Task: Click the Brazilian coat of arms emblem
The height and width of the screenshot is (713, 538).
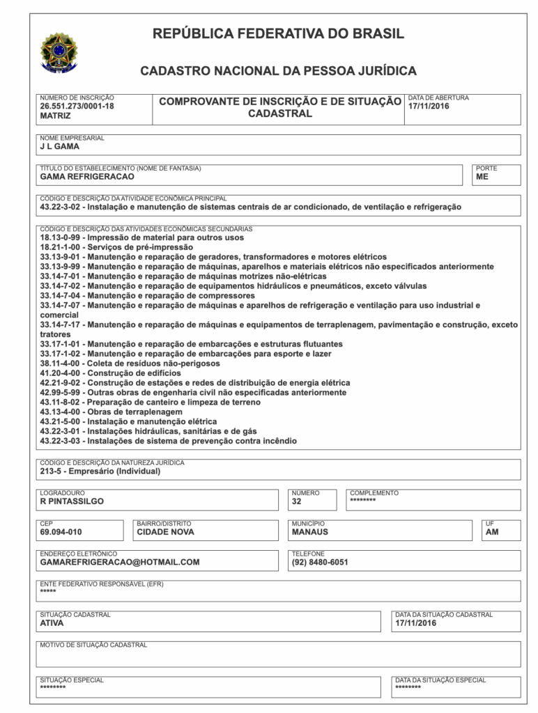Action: click(x=59, y=51)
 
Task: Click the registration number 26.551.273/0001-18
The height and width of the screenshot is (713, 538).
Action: click(x=77, y=107)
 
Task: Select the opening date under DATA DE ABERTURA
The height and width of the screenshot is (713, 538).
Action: click(x=429, y=107)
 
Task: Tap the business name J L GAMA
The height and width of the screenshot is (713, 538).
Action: click(x=60, y=147)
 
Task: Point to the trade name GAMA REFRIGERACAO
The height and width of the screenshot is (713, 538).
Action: click(x=87, y=177)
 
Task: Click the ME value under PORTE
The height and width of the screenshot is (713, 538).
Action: click(x=482, y=177)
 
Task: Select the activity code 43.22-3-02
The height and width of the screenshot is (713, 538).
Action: click(x=61, y=207)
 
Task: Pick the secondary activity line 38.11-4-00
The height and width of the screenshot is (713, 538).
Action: click(x=130, y=363)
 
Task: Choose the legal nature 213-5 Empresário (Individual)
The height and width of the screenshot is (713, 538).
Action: click(x=100, y=471)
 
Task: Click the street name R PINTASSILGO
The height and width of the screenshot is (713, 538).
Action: click(x=72, y=501)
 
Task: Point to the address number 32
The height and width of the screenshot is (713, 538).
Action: click(x=297, y=501)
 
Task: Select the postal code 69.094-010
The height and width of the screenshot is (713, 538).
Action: click(x=61, y=532)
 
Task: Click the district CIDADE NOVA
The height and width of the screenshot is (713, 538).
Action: click(x=165, y=532)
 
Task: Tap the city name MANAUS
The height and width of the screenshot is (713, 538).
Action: click(x=309, y=532)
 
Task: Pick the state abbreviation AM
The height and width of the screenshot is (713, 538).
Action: click(x=492, y=532)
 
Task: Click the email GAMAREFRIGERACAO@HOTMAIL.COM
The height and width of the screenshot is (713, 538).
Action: click(x=120, y=562)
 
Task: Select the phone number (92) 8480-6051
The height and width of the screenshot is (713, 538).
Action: click(x=320, y=562)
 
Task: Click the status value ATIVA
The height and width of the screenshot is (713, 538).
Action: click(x=52, y=623)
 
